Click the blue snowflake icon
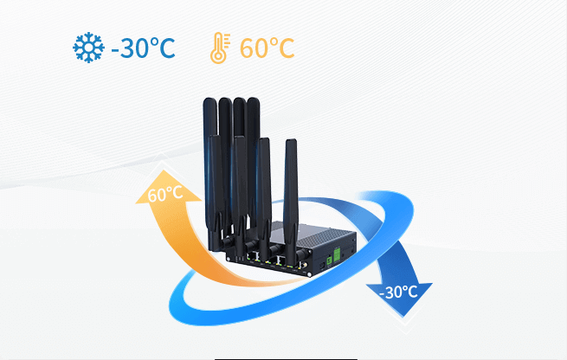coord(88,48)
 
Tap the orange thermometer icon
coord(220,48)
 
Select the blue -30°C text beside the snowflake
coord(143,48)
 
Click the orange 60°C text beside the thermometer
coord(267,48)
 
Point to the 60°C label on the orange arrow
coord(165,194)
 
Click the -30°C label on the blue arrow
coord(398,292)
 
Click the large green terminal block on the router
coord(337,254)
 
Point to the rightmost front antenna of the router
coord(291,202)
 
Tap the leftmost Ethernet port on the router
coord(252,257)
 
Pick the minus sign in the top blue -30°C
coord(115,49)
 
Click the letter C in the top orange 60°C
coord(287,48)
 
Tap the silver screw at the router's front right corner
coord(310,274)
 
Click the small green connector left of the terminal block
coord(330,260)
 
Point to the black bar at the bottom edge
coord(286,359)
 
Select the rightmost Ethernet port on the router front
coord(281,260)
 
